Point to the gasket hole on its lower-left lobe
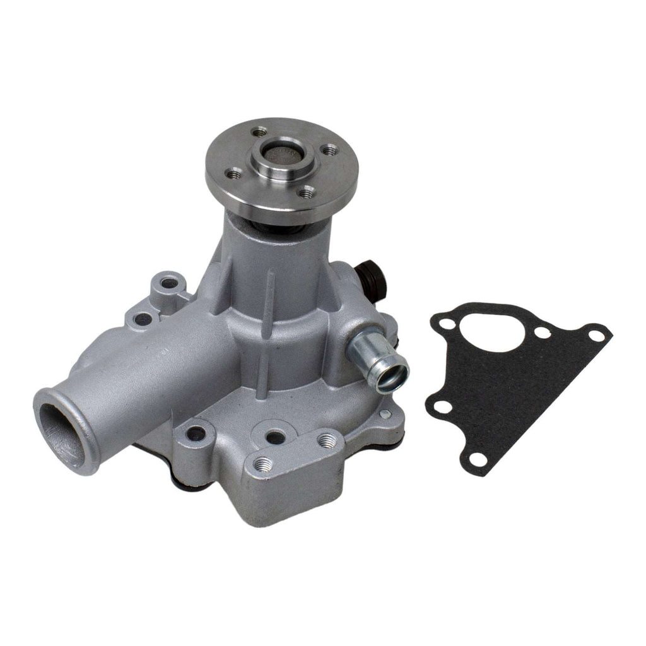click(443, 408)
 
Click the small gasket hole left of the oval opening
click(447, 325)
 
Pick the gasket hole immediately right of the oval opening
click(541, 333)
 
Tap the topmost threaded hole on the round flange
click(259, 132)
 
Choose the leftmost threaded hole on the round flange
click(235, 172)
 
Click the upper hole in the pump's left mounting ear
click(168, 283)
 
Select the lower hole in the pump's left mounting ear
click(144, 319)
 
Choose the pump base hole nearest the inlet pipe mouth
click(196, 434)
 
